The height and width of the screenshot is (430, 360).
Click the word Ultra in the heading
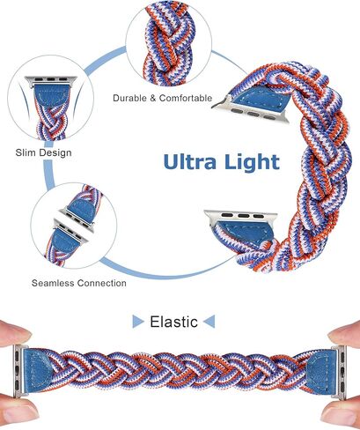pyautogui.click(x=190, y=161)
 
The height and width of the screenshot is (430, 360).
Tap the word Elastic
pyautogui.click(x=173, y=322)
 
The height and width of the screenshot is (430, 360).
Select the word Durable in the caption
pyautogui.click(x=129, y=98)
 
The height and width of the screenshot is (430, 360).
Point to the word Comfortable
pyautogui.click(x=186, y=98)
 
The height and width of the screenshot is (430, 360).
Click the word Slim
pyautogui.click(x=26, y=152)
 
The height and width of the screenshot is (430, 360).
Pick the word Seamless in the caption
pyautogui.click(x=53, y=283)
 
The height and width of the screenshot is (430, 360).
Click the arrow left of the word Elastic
pyautogui.click(x=138, y=322)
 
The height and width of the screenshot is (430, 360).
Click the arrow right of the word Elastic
pyautogui.click(x=209, y=322)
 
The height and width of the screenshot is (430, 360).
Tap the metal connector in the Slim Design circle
pyautogui.click(x=51, y=80)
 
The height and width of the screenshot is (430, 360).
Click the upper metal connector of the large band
pyautogui.click(x=250, y=109)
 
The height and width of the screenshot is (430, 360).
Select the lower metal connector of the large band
pyautogui.click(x=240, y=218)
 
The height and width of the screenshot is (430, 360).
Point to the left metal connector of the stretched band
pyautogui.click(x=18, y=372)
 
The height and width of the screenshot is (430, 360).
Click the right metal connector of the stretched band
pyautogui.click(x=339, y=373)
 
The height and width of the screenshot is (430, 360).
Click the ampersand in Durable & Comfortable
pyautogui.click(x=153, y=98)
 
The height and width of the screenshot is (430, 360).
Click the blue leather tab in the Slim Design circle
pyautogui.click(x=52, y=96)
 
